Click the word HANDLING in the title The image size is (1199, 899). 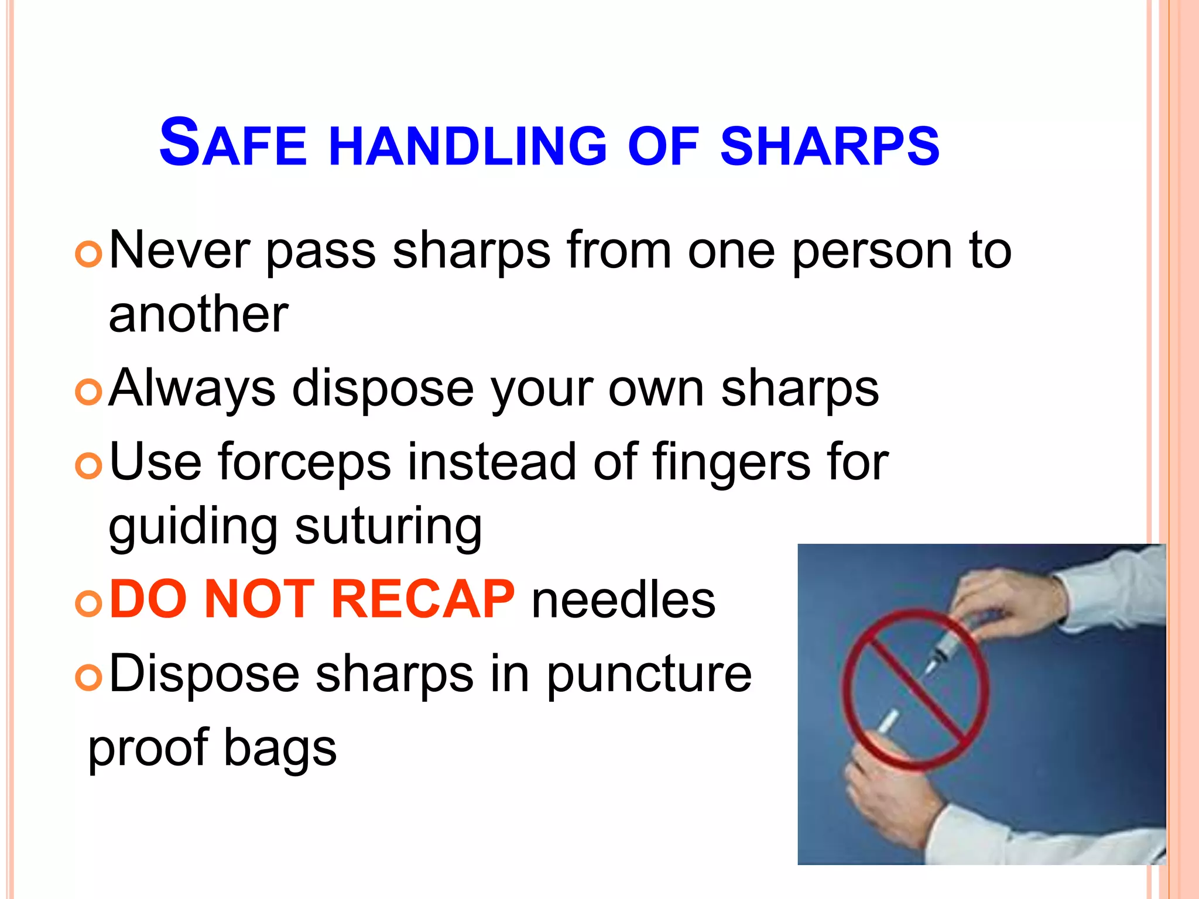[x=468, y=145]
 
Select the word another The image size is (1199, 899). [x=198, y=315]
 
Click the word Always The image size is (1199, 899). [x=192, y=389]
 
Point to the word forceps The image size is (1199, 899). [x=304, y=462]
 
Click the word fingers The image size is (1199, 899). [x=731, y=462]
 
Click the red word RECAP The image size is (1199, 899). [x=423, y=599]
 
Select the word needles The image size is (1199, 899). [x=623, y=601]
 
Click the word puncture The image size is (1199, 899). [x=649, y=674]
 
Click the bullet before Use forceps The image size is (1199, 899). [x=89, y=466]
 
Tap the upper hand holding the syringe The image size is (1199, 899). [x=1007, y=603]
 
